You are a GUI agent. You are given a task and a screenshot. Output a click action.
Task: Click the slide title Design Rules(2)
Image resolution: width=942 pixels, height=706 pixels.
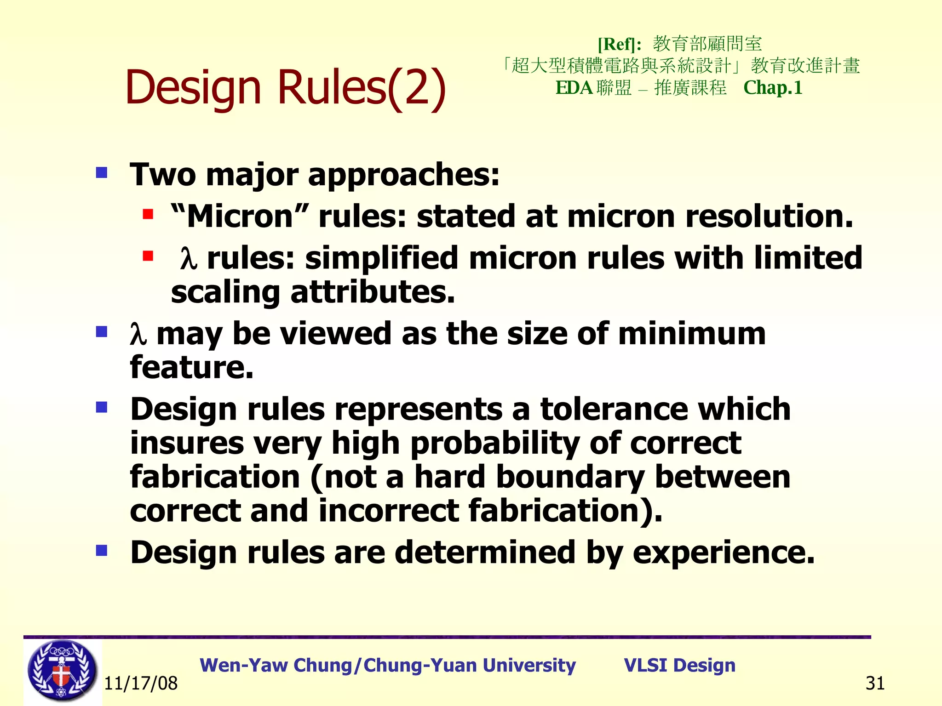[285, 87]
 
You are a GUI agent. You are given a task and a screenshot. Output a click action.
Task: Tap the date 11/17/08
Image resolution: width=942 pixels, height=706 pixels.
[141, 683]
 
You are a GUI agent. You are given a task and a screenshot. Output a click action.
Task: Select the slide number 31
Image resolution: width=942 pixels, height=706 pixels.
[875, 683]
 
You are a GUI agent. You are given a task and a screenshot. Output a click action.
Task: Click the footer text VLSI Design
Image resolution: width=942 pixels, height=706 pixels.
[679, 665]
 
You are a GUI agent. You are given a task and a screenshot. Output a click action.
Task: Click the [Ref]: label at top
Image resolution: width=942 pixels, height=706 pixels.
[619, 45]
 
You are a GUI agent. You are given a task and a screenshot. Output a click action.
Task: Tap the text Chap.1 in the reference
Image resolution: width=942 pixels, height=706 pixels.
[773, 88]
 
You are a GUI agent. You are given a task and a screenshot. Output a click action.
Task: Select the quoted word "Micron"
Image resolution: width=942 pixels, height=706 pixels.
[239, 216]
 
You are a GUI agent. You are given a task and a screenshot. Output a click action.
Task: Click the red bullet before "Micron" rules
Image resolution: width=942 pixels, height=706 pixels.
[148, 214]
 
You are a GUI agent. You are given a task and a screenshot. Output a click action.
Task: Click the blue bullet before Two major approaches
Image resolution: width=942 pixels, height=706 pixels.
[102, 173]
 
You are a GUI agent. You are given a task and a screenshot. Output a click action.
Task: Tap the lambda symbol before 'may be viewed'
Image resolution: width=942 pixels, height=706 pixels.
[138, 334]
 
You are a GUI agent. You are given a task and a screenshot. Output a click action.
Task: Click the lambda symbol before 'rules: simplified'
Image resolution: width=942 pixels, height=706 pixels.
[189, 258]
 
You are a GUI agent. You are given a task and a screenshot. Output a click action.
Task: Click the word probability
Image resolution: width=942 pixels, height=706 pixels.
[494, 444]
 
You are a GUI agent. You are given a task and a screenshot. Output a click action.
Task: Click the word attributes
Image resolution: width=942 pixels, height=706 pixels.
[373, 292]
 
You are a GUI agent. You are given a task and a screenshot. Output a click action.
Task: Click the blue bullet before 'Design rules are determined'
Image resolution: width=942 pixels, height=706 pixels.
[102, 550]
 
